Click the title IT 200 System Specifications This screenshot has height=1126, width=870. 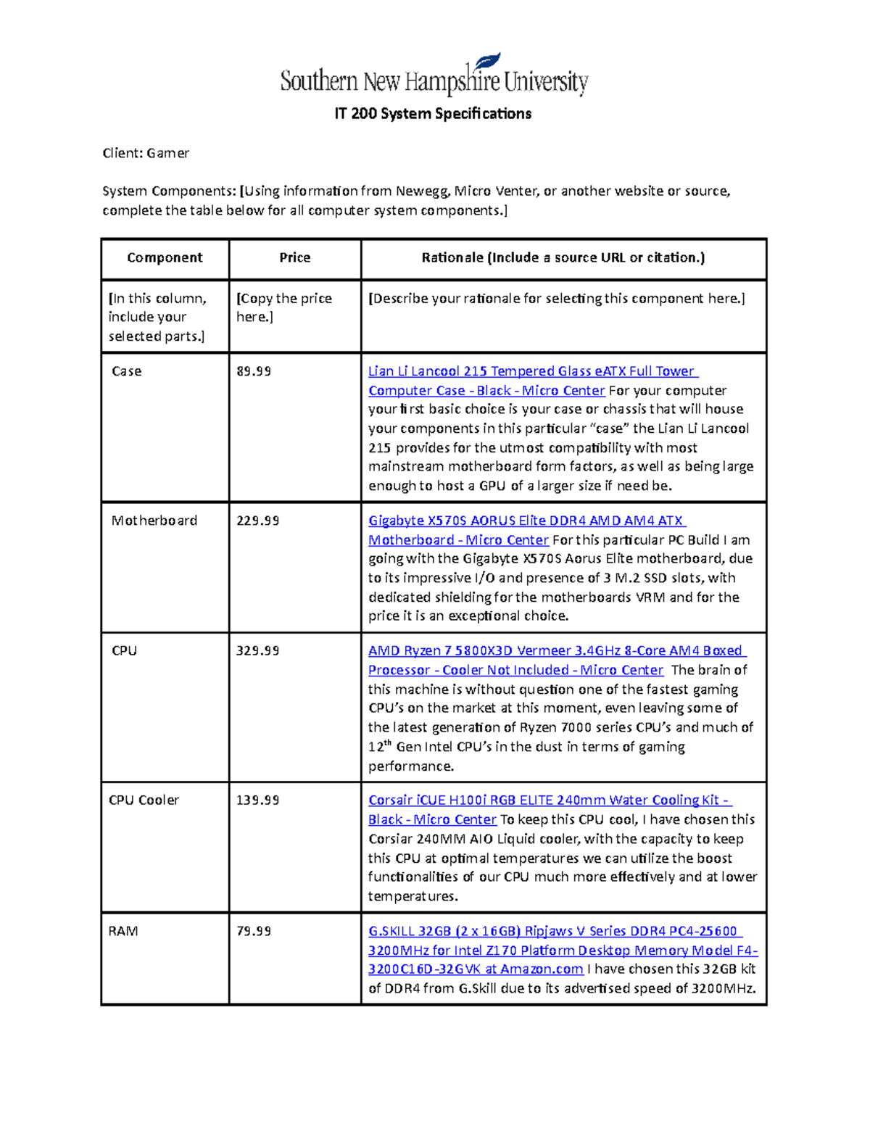click(433, 114)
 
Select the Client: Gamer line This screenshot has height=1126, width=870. click(146, 153)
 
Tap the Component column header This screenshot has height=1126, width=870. click(165, 258)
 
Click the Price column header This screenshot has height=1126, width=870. click(294, 258)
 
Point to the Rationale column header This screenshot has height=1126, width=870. click(563, 258)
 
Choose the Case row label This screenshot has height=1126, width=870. click(127, 371)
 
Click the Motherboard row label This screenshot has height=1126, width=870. click(154, 521)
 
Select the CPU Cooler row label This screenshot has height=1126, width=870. click(144, 800)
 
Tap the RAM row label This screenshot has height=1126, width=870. click(123, 931)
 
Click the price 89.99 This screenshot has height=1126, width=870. click(254, 371)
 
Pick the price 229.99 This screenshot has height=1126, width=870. click(258, 521)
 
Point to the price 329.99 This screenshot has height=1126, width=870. click(258, 651)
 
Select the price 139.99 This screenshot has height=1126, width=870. click(258, 800)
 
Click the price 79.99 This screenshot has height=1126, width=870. click(254, 931)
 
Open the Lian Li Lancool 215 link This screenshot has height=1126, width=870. click(531, 371)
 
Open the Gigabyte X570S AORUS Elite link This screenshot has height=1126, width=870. click(526, 521)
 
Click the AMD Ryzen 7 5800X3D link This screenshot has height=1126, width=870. click(555, 651)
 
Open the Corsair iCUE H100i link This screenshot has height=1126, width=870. click(549, 800)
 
